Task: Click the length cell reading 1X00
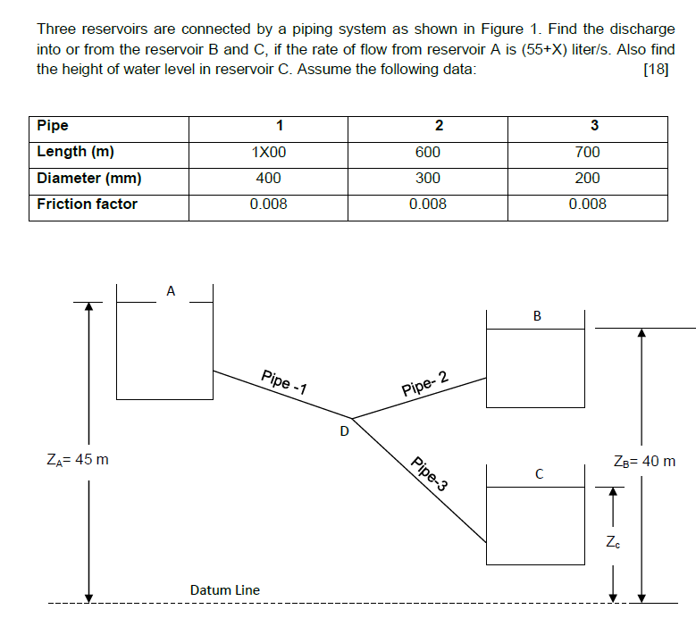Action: (269, 152)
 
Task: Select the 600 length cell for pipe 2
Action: (428, 152)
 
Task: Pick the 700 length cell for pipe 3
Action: (587, 152)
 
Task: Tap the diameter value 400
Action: (269, 178)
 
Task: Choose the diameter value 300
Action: (428, 178)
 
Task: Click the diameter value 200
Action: (587, 178)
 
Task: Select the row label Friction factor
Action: (88, 204)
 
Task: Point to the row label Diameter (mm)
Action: (89, 178)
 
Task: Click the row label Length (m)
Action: (75, 152)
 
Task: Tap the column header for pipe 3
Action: (594, 126)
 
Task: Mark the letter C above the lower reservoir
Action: (539, 473)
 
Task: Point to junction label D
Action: (343, 433)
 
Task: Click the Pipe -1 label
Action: (283, 381)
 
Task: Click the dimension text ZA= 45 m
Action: (78, 460)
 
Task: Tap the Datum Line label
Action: (225, 589)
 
